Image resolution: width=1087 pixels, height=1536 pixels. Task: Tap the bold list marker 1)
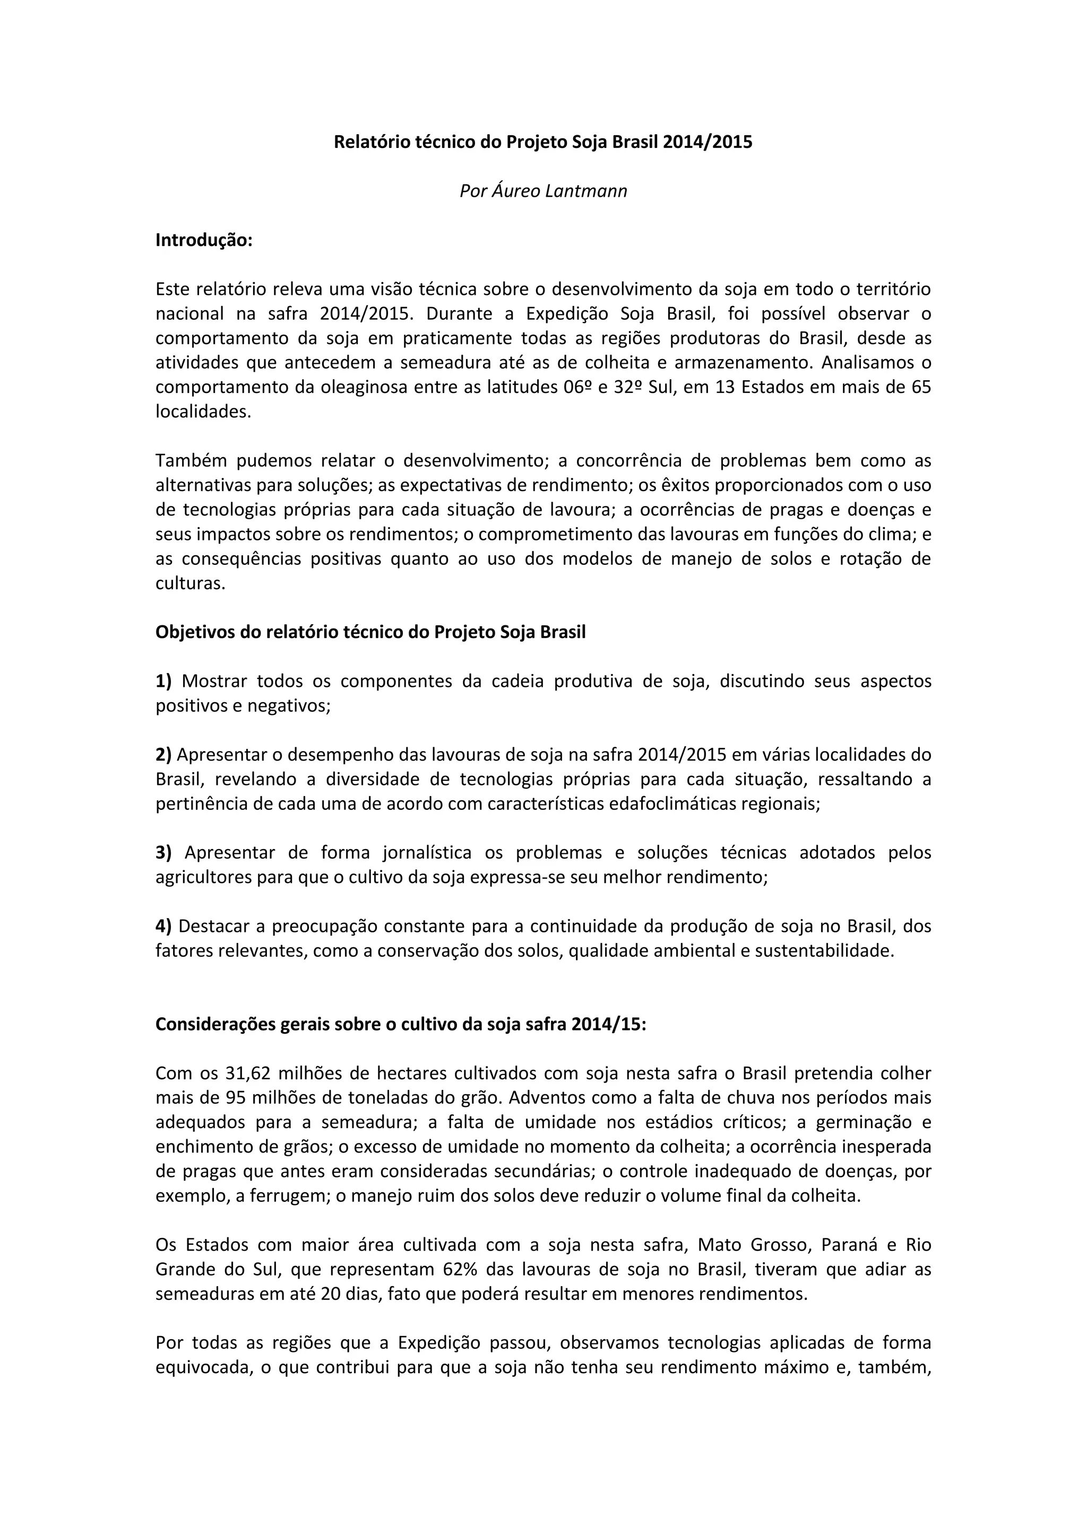(164, 681)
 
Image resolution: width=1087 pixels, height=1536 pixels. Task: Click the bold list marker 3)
(164, 853)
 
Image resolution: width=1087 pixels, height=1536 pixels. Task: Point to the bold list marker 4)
(164, 927)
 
